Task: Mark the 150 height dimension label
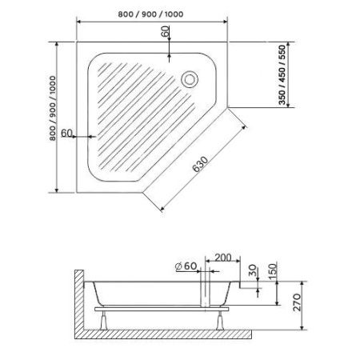coord(274,267)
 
